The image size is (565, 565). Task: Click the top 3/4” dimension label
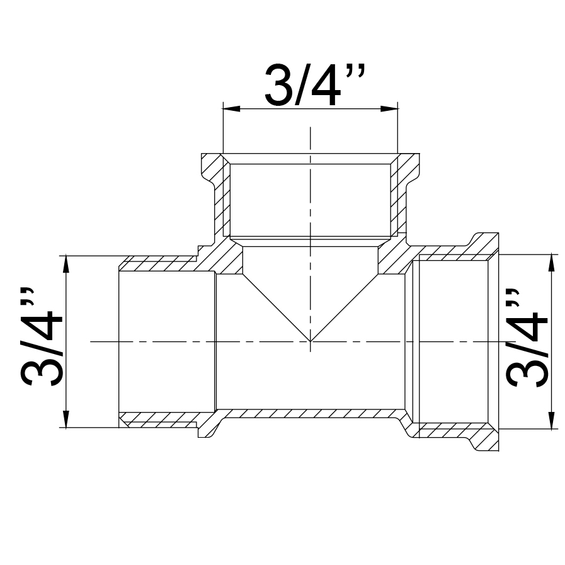(314, 85)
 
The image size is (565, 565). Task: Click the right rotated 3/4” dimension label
(527, 338)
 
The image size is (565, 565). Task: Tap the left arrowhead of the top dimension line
(232, 109)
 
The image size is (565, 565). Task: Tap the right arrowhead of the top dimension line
(389, 109)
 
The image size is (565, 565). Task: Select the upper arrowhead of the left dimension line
(66, 264)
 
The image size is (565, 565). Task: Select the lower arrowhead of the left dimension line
(66, 419)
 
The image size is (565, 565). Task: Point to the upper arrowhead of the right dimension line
(551, 263)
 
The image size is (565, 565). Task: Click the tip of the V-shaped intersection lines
(311, 341)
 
